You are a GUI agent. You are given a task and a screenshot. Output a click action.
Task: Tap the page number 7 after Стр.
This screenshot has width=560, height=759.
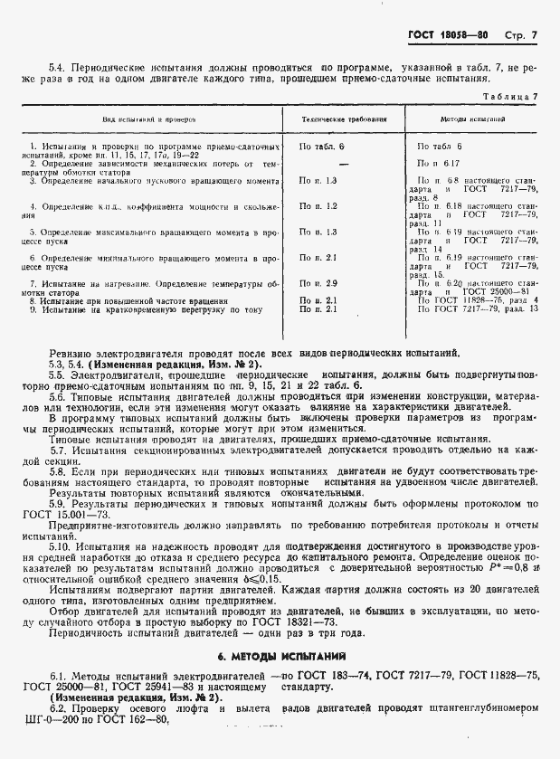click(534, 36)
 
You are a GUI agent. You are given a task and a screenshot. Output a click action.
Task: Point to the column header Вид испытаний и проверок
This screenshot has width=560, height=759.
click(149, 119)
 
